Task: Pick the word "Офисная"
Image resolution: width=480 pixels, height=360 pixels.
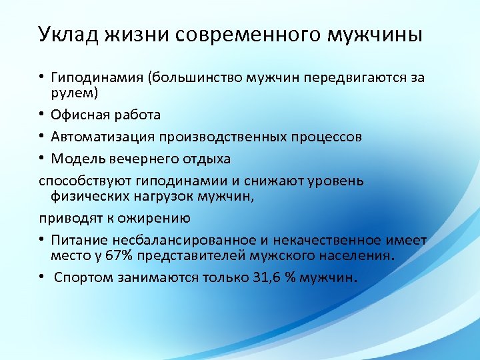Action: (x=79, y=115)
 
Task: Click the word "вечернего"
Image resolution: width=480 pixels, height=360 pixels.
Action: (x=132, y=159)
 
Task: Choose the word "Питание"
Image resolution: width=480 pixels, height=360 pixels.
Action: (x=81, y=239)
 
